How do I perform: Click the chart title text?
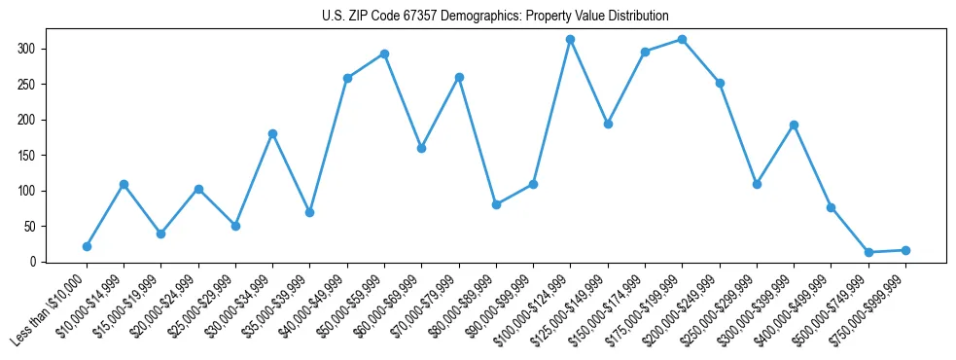point(495,17)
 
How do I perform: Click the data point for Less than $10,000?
point(87,246)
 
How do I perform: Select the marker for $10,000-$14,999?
point(124,184)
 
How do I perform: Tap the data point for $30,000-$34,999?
point(272,133)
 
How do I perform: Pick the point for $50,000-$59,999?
point(384,54)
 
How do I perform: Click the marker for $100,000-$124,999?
point(570,39)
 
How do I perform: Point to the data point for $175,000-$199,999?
point(682,39)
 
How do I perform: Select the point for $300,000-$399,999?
point(794,125)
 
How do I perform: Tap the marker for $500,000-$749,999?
point(868,252)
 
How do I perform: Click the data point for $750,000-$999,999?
point(905,250)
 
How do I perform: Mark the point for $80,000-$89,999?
point(496,204)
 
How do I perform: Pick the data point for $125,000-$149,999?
point(608,124)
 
